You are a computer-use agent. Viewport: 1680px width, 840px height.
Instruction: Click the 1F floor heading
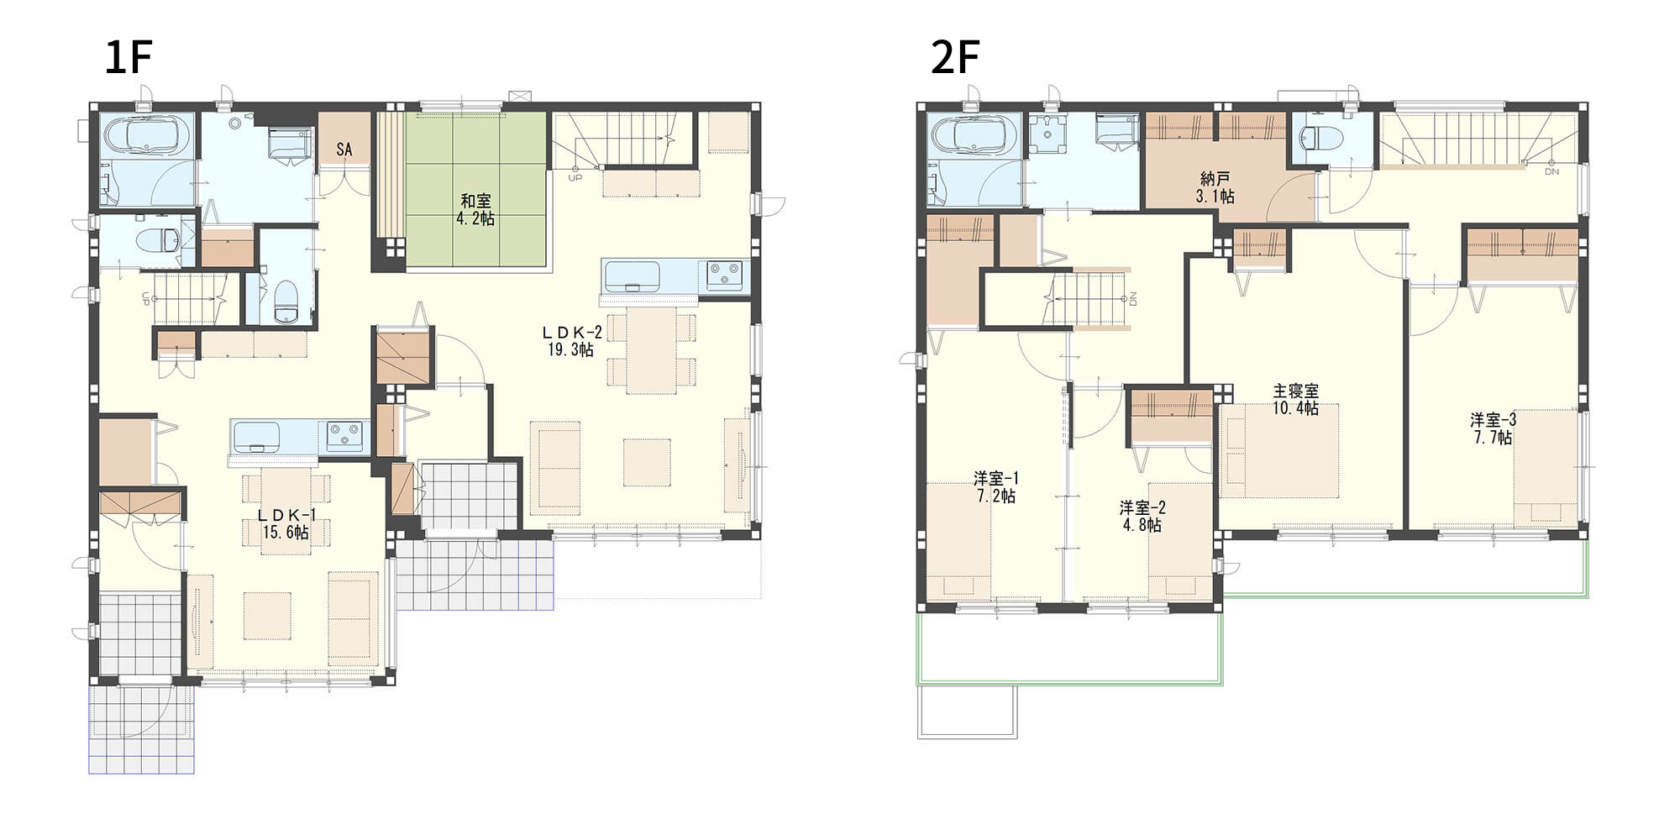click(128, 58)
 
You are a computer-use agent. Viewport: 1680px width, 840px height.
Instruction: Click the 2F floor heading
click(955, 58)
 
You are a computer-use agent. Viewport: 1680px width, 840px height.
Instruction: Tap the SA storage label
click(344, 150)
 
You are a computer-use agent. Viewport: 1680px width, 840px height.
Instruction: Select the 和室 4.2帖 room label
click(475, 210)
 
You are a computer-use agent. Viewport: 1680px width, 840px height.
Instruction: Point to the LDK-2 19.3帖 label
click(571, 342)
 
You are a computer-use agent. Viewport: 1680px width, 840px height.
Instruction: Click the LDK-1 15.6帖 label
click(286, 524)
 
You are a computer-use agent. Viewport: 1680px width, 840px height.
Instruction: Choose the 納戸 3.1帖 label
click(1215, 187)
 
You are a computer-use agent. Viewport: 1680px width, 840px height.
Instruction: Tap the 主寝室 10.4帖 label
click(1295, 400)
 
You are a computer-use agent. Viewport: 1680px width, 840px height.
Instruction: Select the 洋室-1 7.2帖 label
click(996, 487)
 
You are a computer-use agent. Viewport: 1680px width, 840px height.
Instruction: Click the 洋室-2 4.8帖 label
click(1142, 517)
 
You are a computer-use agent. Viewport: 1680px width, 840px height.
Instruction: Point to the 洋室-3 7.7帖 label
click(1494, 428)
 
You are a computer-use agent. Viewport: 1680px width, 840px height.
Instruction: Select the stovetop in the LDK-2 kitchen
click(724, 276)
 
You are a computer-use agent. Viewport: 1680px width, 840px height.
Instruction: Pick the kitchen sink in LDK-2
click(632, 276)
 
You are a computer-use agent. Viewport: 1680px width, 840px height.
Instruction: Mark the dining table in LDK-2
click(651, 350)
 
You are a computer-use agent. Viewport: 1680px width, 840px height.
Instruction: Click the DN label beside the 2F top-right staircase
click(1551, 171)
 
